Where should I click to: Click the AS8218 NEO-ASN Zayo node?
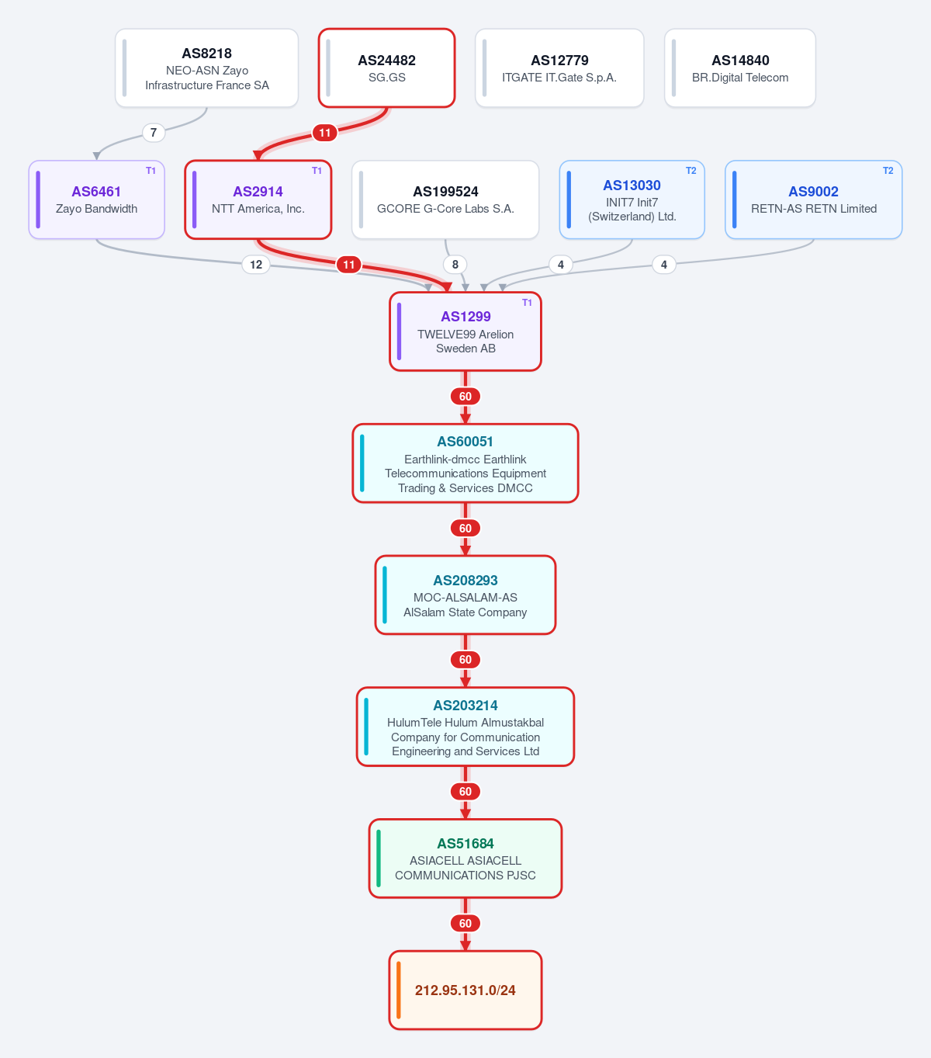click(x=206, y=68)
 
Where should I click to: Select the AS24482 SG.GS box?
click(x=386, y=68)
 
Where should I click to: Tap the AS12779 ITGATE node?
click(x=559, y=68)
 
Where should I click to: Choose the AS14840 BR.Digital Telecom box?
click(x=740, y=68)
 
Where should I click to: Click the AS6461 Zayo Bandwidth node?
click(x=96, y=199)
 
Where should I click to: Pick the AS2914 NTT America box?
click(x=258, y=199)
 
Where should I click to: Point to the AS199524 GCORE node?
click(x=445, y=199)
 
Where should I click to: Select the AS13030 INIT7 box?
click(x=632, y=199)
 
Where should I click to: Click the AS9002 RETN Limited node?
click(x=814, y=199)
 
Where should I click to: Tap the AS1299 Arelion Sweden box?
click(x=465, y=331)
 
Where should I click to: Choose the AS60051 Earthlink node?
click(x=465, y=463)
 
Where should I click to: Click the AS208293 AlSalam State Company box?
click(x=465, y=595)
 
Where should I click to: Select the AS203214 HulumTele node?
click(x=465, y=727)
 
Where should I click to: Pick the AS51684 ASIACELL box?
click(x=465, y=859)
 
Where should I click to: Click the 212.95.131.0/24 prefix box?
click(x=465, y=990)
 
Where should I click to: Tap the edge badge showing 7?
click(x=154, y=133)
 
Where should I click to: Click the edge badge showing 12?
click(x=256, y=265)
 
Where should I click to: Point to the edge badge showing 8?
click(x=455, y=265)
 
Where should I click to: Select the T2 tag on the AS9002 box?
click(x=888, y=171)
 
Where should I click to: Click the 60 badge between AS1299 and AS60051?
click(x=465, y=397)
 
